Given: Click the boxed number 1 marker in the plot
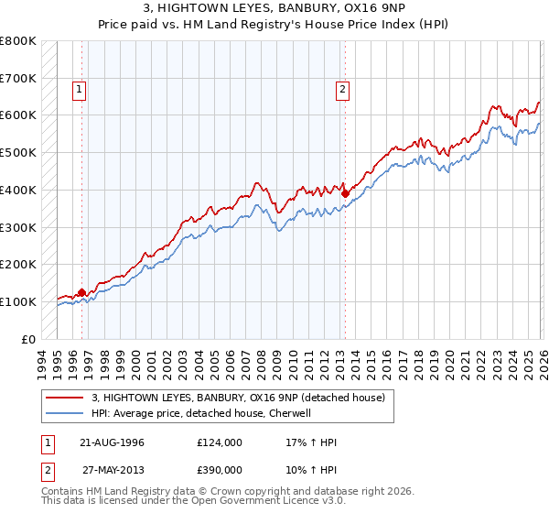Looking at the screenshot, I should pos(80,90).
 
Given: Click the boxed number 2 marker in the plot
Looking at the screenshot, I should pos(342,90).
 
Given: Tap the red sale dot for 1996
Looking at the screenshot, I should pos(82,292).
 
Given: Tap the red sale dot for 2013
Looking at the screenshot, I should pos(345,193).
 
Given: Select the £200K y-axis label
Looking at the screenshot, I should pos(18,264).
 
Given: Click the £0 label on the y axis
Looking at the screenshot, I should pos(29,339).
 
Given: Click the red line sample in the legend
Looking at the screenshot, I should pos(66,397).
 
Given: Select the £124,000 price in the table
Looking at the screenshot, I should pos(220,442).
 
